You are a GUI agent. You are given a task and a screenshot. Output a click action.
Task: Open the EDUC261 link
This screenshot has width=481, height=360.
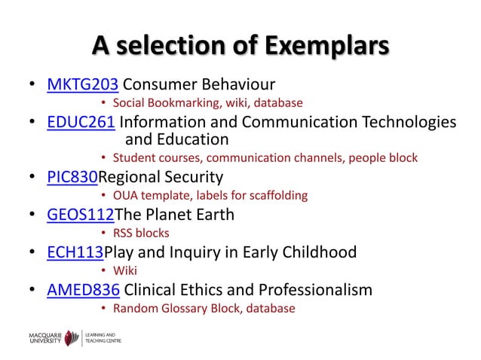[x=81, y=122]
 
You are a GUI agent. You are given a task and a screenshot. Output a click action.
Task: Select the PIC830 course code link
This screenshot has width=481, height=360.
[x=72, y=178]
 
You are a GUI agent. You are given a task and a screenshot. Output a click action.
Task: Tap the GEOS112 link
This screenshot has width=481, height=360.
[x=80, y=215]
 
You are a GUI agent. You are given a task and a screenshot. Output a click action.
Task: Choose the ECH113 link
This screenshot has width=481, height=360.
[x=75, y=252]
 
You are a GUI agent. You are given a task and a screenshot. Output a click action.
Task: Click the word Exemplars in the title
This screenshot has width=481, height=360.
[x=325, y=44]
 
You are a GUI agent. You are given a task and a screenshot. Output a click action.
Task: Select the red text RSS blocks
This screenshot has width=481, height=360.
[x=141, y=233]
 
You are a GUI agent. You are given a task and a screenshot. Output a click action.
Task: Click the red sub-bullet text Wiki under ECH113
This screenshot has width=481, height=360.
[x=125, y=270]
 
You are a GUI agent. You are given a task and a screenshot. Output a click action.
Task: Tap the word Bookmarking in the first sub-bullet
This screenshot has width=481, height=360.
[x=179, y=102]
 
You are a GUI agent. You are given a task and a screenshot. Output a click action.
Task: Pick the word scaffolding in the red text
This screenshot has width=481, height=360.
[x=279, y=196]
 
